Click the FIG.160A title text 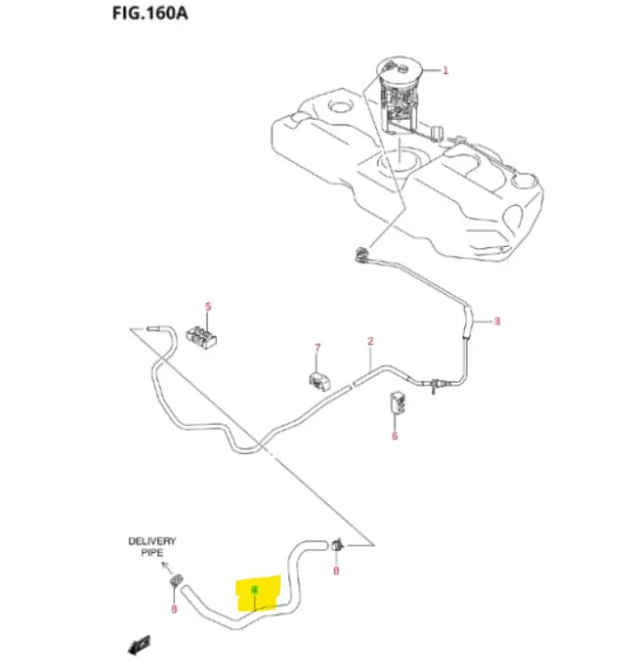point(143,16)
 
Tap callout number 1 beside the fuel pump point(445,70)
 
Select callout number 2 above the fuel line point(370,342)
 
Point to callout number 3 point(497,322)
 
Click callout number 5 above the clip point(209,306)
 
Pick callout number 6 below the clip point(394,435)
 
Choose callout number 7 point(317,348)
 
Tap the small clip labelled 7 point(320,380)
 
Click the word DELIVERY point(152,542)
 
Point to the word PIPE point(152,554)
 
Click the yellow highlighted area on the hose point(258,594)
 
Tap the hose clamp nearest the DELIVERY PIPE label point(175,585)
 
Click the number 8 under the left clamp point(174,610)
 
